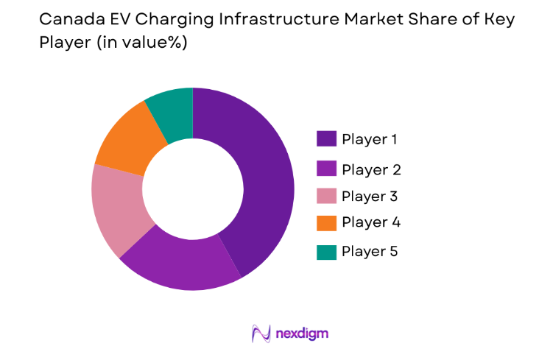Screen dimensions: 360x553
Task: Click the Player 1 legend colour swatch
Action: tap(326, 138)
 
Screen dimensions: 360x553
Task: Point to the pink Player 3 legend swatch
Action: tap(326, 195)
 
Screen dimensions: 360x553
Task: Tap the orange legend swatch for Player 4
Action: tap(326, 223)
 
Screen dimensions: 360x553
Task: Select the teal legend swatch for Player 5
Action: tap(326, 252)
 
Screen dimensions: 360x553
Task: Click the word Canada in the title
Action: tap(66, 20)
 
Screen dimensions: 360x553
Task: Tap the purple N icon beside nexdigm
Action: tap(260, 333)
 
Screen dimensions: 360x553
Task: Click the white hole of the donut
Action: tap(192, 189)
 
